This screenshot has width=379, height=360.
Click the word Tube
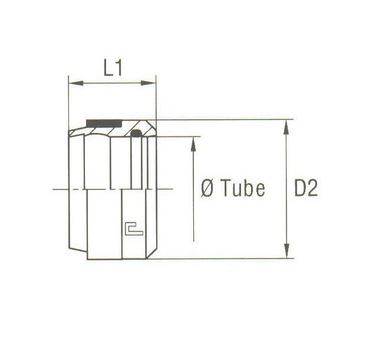click(241, 189)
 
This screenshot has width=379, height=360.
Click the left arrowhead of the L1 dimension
click(74, 84)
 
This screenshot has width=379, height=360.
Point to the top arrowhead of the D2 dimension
click(287, 125)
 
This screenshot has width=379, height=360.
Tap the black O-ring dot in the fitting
click(136, 135)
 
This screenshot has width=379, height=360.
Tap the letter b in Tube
click(247, 189)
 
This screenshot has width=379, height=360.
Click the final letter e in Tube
click(259, 189)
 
